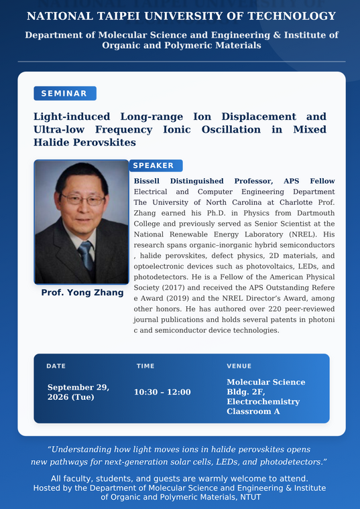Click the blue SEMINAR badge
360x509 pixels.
tap(65, 94)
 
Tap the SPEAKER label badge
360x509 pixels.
tap(156, 165)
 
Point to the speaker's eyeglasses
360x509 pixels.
tap(84, 199)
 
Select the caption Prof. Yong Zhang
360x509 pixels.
tap(82, 293)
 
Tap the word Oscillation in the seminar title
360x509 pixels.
tap(231, 129)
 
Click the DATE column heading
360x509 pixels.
tap(56, 366)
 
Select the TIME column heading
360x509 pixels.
tap(145, 366)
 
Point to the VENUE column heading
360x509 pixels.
tap(239, 366)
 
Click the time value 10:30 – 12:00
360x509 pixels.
tap(162, 392)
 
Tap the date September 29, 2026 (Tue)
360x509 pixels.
tap(78, 392)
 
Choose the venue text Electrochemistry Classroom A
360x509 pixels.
tap(263, 407)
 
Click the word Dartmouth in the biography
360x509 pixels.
tap(315, 213)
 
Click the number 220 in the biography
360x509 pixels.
tap(275, 309)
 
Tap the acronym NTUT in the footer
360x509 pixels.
tap(251, 498)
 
